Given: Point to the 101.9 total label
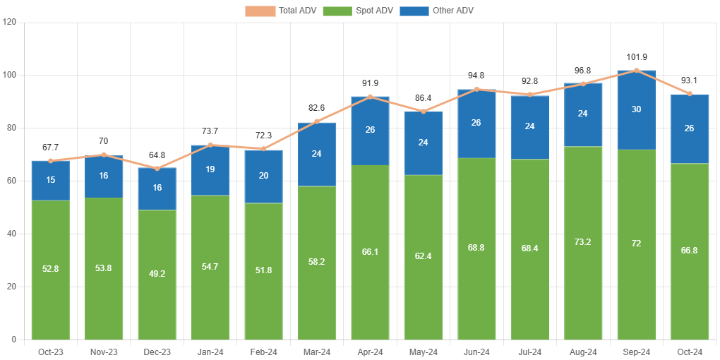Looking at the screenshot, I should click(x=636, y=57).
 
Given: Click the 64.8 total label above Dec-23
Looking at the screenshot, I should click(x=157, y=155).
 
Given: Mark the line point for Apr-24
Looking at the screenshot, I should click(x=370, y=97).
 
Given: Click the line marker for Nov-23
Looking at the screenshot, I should click(x=104, y=155).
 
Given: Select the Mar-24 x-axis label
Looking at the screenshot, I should click(x=316, y=352).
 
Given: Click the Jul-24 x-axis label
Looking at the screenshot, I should click(x=529, y=352).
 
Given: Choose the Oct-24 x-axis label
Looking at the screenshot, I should click(x=689, y=352).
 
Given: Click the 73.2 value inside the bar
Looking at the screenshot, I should click(x=583, y=242).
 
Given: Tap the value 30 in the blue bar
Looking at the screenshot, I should click(x=636, y=109).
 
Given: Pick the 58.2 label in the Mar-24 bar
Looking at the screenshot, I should click(x=316, y=262).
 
